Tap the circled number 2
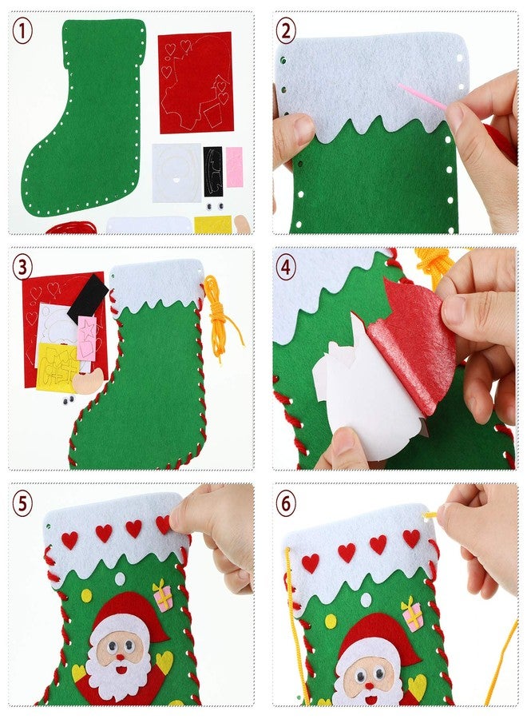[x=286, y=31]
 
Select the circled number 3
[x=23, y=268]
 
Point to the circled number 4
[x=286, y=268]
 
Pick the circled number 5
[x=23, y=503]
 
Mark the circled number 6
[x=286, y=503]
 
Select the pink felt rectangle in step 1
[x=234, y=167]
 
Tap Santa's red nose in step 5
[x=119, y=657]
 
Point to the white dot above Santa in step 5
[x=120, y=578]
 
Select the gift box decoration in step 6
[x=412, y=614]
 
